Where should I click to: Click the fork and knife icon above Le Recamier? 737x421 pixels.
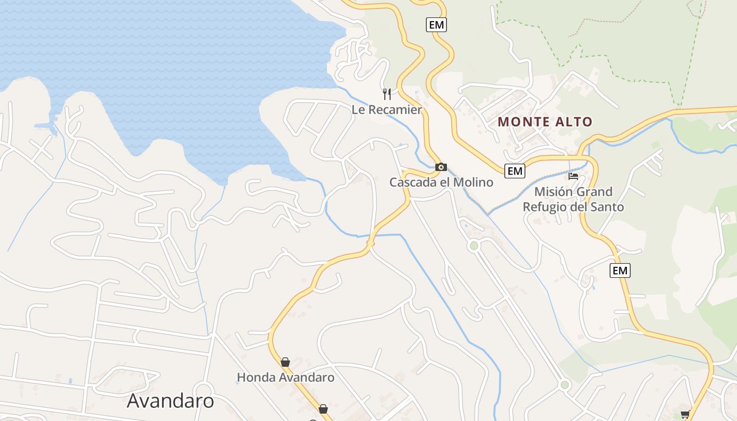point(387,94)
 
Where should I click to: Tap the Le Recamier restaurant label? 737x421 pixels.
point(387,110)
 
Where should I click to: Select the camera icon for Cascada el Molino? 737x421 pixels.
point(441,167)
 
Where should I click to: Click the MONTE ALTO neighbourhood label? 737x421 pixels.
point(545,122)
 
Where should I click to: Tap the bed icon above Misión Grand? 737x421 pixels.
point(573,176)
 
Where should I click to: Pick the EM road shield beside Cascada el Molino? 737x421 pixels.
point(514,171)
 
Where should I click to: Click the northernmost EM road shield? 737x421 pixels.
point(436,25)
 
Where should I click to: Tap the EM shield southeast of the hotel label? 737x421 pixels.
point(620,270)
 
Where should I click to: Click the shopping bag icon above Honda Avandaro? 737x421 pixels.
point(285,362)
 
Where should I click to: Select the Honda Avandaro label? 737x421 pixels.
point(285,377)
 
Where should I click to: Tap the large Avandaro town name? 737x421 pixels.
point(171,401)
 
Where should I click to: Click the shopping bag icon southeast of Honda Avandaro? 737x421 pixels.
point(323,409)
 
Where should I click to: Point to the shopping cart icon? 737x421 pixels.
point(685,414)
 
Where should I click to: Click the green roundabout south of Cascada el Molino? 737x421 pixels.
point(474,245)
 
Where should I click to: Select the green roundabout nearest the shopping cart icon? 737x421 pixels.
point(565,385)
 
